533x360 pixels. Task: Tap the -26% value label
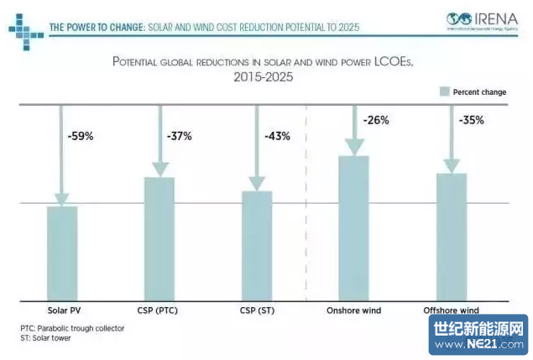375,120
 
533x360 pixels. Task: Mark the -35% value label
471,120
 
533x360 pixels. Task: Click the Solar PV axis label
62,310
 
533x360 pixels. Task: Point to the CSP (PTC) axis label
158,310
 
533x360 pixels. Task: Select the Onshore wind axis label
353,310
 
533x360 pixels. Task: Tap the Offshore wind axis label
451,310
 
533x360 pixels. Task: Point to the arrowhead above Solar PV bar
62,198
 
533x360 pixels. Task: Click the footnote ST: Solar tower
45,338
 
